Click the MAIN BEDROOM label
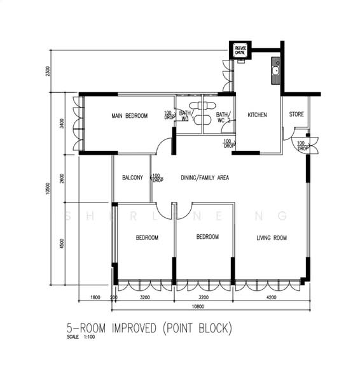[129, 116]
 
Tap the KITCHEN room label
[257, 115]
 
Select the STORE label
[296, 115]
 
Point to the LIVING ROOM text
[272, 238]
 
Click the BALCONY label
[132, 178]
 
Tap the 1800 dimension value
[95, 297]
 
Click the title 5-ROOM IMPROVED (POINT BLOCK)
[149, 329]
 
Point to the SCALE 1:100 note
[80, 337]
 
